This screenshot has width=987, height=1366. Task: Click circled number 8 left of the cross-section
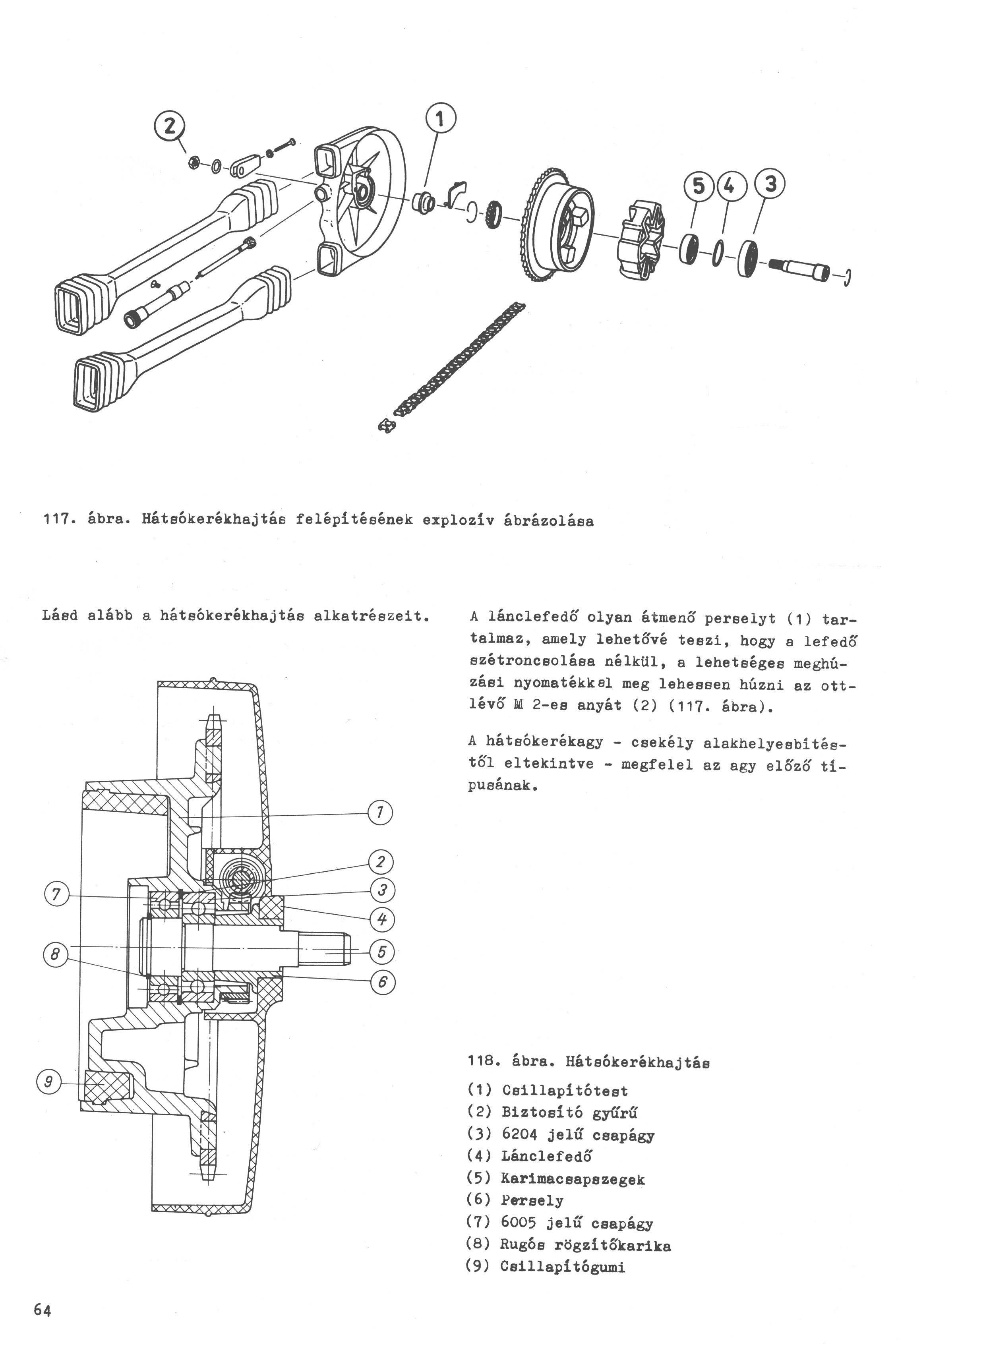pos(55,954)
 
